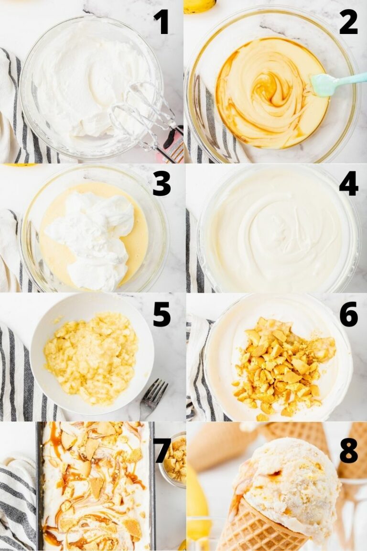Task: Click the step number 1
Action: point(161,22)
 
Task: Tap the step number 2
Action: point(348,22)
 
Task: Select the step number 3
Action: point(162,184)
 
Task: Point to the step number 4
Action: point(348,184)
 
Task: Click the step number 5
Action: point(162,314)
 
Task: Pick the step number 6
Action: point(348,314)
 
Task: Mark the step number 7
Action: point(162,450)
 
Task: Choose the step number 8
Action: point(348,450)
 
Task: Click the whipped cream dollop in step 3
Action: point(93,234)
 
